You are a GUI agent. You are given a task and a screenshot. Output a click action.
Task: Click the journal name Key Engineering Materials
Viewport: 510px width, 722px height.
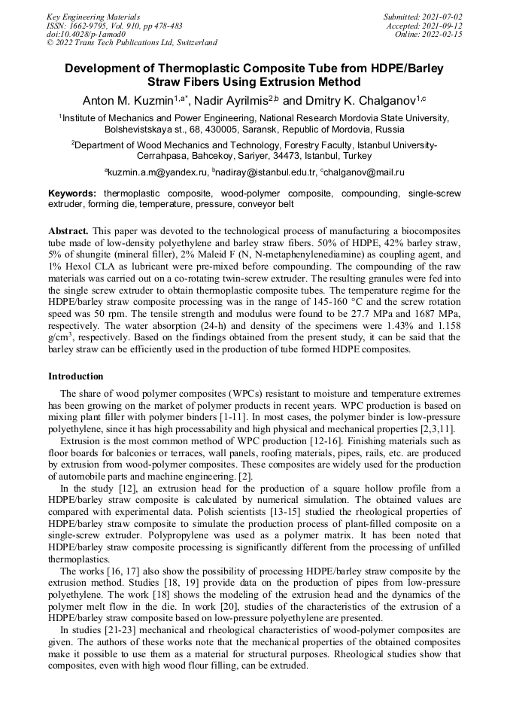click(93, 17)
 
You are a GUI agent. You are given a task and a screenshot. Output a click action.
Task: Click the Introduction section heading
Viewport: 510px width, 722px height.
click(75, 376)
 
